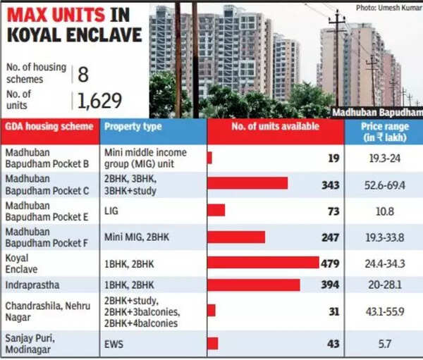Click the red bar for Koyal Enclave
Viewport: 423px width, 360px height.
tap(262, 262)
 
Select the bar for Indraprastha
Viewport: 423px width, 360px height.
tap(253, 285)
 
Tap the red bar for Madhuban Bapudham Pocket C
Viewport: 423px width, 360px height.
tap(247, 183)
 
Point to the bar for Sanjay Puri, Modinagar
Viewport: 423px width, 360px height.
tap(212, 343)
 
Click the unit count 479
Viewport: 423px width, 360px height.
tap(331, 262)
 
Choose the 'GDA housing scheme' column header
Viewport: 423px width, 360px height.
tap(49, 127)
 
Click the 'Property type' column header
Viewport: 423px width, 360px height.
tap(133, 127)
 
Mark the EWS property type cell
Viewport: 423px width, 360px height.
tap(115, 343)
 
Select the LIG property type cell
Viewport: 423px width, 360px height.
tap(111, 209)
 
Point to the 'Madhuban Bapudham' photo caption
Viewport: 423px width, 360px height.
tap(378, 112)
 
